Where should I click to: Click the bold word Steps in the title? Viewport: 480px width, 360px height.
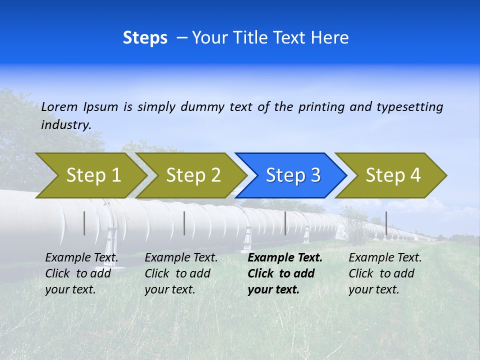pos(145,38)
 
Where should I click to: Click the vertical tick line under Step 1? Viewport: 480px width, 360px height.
pos(84,223)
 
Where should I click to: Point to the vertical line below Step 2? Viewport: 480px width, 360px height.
pos(184,223)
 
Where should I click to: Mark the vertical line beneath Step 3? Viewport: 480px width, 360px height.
pos(285,223)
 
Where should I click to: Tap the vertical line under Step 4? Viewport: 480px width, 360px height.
pos(386,223)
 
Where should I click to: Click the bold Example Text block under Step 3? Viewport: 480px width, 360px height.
pos(285,273)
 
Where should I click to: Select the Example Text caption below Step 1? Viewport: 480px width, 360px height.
pos(81,273)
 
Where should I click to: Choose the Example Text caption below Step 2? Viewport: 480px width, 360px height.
pos(181,273)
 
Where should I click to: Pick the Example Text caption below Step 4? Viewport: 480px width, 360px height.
pos(385,273)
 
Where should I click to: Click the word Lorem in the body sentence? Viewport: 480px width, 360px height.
pos(59,106)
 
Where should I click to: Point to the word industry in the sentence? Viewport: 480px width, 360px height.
pos(65,124)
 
